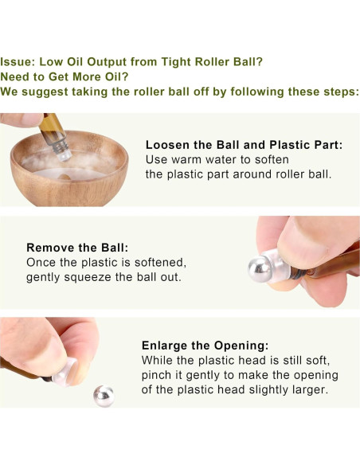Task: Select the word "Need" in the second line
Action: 18,76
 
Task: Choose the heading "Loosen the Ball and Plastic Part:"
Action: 244,145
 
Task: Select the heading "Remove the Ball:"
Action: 77,248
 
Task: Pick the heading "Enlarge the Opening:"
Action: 205,346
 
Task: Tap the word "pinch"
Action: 158,375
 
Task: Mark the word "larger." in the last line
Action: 312,389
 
